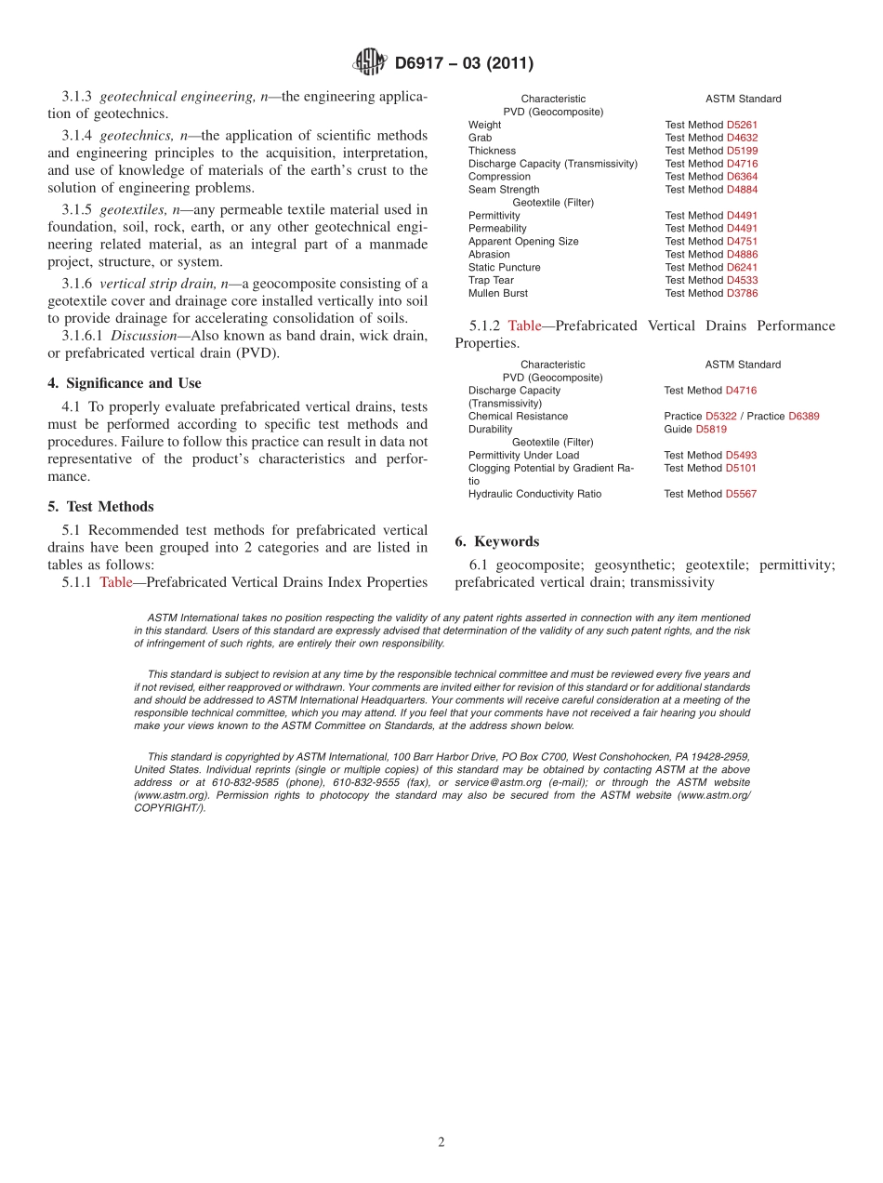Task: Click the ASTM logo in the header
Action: (369, 63)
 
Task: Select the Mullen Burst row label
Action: (498, 294)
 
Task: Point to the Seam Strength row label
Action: (504, 190)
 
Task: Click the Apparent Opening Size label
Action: (523, 242)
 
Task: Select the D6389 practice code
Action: (804, 417)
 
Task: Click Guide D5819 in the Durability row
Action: (695, 430)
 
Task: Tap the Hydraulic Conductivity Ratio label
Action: (534, 495)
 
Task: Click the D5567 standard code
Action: (741, 495)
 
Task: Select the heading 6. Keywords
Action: (497, 541)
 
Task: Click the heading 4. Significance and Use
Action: (125, 383)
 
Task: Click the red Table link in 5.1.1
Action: (116, 583)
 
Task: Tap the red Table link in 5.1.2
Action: (524, 326)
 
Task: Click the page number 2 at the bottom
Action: (441, 1143)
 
